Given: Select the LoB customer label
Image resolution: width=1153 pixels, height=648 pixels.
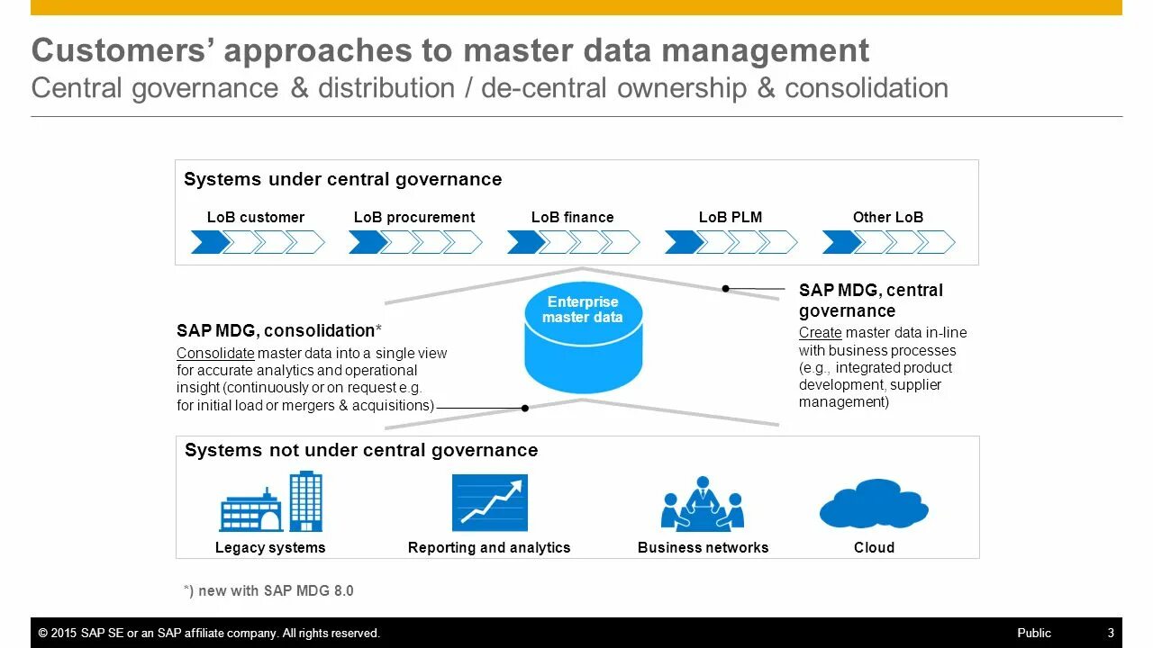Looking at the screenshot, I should tap(256, 217).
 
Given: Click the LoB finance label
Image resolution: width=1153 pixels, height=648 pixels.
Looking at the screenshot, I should tap(572, 217).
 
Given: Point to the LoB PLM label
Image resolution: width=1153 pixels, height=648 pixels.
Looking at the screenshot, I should tap(730, 217).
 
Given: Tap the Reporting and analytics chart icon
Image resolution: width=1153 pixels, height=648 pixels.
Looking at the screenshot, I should tap(489, 502).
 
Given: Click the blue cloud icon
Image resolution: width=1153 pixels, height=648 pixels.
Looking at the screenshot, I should tap(874, 504).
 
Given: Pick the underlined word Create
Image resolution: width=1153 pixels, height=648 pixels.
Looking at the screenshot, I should tap(820, 333).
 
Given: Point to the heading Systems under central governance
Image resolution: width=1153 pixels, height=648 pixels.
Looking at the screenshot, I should tap(342, 179).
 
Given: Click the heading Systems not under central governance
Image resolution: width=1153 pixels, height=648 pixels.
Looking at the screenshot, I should tap(360, 450).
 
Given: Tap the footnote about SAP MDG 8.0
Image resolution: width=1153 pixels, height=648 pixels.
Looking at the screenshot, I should tap(268, 590).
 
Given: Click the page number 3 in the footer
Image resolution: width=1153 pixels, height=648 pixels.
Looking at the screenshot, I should tap(1111, 633).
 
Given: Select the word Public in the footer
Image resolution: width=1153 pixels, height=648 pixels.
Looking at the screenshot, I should tap(1034, 633).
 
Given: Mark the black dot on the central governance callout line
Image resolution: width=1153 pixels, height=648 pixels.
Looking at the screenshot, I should tap(726, 289).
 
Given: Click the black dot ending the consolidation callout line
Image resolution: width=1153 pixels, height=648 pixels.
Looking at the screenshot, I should tap(525, 408).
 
